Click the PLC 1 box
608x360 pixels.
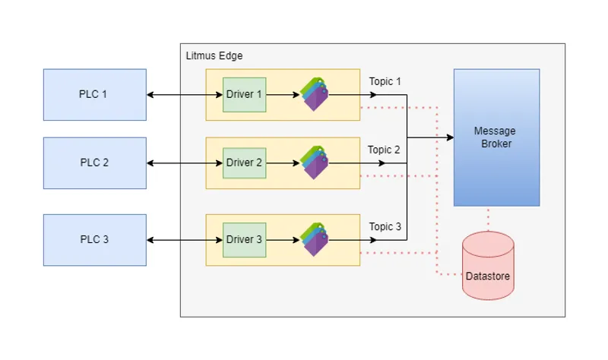(94, 94)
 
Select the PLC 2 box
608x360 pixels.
(94, 163)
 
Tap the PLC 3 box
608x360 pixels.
(94, 239)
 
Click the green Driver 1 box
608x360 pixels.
(244, 94)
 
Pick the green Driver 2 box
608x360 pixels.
(244, 163)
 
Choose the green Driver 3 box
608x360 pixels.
(244, 239)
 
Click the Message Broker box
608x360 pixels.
(496, 137)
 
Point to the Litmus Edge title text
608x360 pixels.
(214, 56)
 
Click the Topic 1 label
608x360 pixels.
(385, 81)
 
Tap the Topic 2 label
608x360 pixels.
(384, 150)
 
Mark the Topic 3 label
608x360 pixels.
(385, 226)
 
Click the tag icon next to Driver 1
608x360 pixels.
(315, 94)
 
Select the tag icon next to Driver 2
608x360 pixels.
(315, 163)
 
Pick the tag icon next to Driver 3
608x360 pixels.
(315, 239)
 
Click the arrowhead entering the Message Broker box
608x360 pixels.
(449, 137)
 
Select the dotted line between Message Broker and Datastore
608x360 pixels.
(488, 219)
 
